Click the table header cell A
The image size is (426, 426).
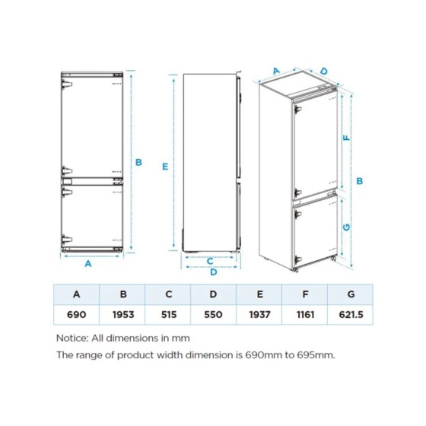click(x=76, y=294)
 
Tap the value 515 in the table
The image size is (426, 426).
click(x=168, y=314)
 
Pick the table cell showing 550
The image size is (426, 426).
click(x=214, y=314)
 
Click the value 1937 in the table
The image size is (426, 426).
click(x=259, y=314)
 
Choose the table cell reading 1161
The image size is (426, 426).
click(x=305, y=314)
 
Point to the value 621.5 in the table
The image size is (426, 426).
click(x=351, y=314)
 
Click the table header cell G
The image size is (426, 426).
click(x=351, y=294)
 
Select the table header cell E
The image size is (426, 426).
click(x=259, y=294)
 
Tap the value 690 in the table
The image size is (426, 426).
click(x=76, y=314)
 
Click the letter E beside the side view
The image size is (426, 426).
click(x=166, y=165)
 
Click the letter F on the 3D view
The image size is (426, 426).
click(x=346, y=138)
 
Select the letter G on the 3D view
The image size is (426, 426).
click(x=346, y=227)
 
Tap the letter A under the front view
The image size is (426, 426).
click(x=88, y=264)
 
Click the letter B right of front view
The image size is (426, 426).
click(x=139, y=161)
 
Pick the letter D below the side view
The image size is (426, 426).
click(x=214, y=272)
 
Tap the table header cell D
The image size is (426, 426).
click(x=214, y=294)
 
